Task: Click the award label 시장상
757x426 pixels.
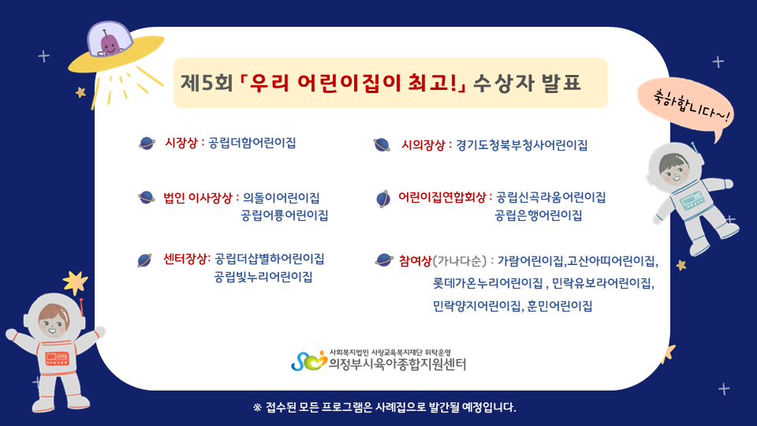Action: (181, 143)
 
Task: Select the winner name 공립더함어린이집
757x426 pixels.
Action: (252, 143)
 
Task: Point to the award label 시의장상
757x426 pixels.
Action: (423, 145)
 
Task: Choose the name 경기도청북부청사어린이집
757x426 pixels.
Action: (522, 145)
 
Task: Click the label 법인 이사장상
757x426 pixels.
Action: (198, 197)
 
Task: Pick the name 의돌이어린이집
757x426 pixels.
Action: (281, 197)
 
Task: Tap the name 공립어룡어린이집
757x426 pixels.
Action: (285, 215)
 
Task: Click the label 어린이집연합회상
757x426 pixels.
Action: (442, 197)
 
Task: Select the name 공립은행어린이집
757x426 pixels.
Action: (539, 215)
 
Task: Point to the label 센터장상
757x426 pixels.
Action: (185, 259)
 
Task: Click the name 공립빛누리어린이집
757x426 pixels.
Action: (263, 277)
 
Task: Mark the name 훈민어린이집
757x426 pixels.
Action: (560, 306)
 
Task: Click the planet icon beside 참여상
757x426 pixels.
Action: (384, 260)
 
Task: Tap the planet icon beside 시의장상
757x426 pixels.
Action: (382, 145)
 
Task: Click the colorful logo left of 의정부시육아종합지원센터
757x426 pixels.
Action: (309, 361)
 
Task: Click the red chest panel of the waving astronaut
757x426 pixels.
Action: (58, 358)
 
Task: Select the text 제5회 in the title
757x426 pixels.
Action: (206, 83)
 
